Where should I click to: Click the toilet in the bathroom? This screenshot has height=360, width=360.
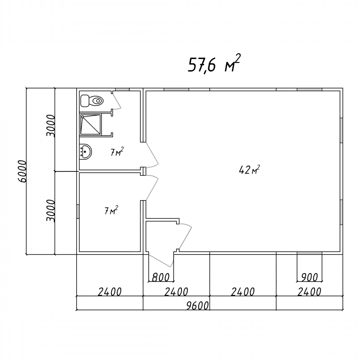coord(92,101)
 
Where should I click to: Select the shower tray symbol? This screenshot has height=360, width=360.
coord(91,124)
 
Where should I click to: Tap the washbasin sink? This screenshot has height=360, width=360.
coord(85,152)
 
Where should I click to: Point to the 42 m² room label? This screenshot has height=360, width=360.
coord(249,169)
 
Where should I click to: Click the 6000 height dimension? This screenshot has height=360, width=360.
coord(22,171)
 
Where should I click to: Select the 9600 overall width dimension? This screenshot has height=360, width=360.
coord(197,306)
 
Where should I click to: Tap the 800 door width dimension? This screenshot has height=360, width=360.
coord(161,277)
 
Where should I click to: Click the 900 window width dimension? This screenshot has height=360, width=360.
coord(309,277)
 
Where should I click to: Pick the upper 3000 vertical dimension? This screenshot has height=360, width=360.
coord(51,126)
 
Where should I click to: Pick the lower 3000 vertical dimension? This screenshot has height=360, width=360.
coord(51,211)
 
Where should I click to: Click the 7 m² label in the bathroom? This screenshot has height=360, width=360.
coord(117,152)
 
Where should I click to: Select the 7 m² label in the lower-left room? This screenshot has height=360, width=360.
coord(111,210)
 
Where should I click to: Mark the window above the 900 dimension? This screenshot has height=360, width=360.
coord(309,253)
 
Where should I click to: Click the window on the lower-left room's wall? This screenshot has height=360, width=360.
coord(78,212)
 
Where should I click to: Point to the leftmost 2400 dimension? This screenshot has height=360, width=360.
coord(109,292)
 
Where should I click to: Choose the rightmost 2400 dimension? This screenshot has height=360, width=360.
coord(309,292)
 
